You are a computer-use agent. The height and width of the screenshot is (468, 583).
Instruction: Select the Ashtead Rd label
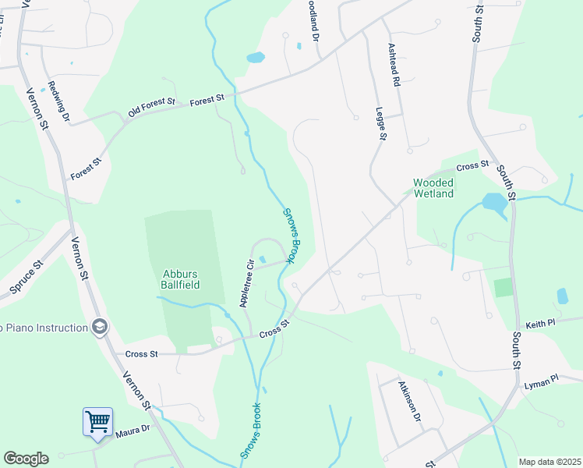[394, 64]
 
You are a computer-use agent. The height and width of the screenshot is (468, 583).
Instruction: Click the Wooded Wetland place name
[433, 188]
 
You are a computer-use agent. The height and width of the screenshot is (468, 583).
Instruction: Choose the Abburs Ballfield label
[181, 279]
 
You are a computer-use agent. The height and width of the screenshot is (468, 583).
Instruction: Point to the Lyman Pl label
[542, 379]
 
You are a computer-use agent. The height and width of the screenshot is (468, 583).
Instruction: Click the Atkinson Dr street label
[410, 402]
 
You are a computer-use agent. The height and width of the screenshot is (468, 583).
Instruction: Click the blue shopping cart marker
[98, 423]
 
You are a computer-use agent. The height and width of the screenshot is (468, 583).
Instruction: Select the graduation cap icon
[99, 327]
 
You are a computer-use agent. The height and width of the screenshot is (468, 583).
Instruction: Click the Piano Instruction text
[44, 328]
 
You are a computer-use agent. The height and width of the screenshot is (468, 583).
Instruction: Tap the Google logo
[26, 459]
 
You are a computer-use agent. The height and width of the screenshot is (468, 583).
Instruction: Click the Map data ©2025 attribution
[549, 462]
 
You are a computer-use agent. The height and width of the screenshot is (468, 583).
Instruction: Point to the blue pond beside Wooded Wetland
[494, 203]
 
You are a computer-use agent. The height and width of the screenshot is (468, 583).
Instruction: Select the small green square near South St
[504, 287]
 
